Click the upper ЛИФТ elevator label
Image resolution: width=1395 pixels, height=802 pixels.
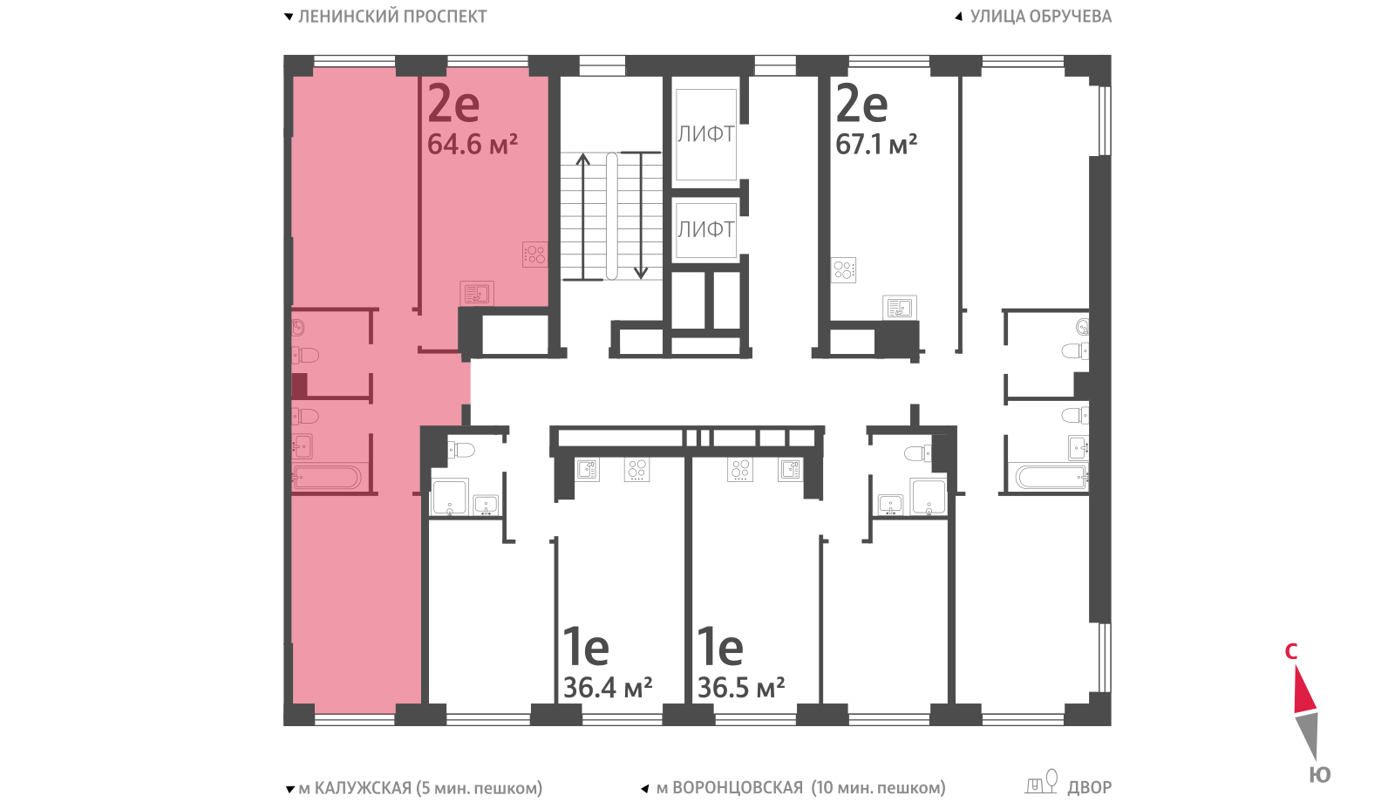[705, 134]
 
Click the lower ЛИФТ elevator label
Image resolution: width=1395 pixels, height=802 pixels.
[705, 230]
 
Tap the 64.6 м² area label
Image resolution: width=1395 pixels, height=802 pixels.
[472, 145]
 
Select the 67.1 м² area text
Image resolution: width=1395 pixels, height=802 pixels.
[875, 145]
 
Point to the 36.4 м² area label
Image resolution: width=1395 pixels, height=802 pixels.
[608, 688]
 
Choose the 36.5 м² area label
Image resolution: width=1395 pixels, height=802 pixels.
[740, 688]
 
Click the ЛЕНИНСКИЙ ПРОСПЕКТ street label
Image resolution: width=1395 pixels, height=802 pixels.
[392, 17]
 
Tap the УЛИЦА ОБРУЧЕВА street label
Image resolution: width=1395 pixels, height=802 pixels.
[1041, 17]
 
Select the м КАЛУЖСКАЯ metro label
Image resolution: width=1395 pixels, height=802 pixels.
[356, 788]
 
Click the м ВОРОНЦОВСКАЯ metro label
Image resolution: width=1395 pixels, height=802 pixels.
[730, 788]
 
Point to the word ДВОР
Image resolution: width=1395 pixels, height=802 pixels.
[1089, 788]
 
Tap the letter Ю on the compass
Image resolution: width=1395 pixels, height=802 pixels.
[1320, 775]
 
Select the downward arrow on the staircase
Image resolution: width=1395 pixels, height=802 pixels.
[640, 215]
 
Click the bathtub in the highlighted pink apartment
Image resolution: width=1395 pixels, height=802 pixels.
[326, 478]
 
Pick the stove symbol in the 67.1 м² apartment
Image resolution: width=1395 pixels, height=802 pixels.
[844, 269]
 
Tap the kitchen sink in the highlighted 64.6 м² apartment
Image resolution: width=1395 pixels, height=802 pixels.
[477, 293]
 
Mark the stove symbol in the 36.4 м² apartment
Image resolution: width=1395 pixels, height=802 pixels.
[636, 470]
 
